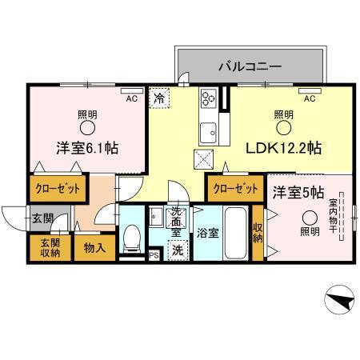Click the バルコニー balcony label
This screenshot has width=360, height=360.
coord(250,66)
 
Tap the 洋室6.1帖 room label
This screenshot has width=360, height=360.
coord(87,148)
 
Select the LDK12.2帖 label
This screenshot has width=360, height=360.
coord(283,148)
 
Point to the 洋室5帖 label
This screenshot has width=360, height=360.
coord(298,193)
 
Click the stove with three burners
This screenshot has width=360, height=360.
coord(209,98)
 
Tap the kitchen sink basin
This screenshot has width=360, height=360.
coord(209,133)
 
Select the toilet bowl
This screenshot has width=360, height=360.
coord(132,238)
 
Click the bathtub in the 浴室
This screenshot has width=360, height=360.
coord(235,233)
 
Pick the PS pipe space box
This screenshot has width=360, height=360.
coord(154,255)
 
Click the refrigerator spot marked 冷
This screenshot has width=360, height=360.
coord(159,98)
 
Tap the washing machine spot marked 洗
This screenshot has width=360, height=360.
coord(178,250)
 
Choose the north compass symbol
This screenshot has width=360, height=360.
coord(339,300)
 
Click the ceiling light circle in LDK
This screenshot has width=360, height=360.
coord(283,128)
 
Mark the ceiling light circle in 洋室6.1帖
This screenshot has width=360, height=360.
coord(87,128)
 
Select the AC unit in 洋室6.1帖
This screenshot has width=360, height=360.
coord(132,91)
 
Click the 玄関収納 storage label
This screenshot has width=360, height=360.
coord(50,248)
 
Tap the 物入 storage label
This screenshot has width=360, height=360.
coord(94,248)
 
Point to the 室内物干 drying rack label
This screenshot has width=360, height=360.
coord(333,216)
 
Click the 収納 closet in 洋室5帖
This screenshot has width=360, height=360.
coord(258,233)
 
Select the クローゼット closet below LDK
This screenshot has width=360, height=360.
coord(236,189)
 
